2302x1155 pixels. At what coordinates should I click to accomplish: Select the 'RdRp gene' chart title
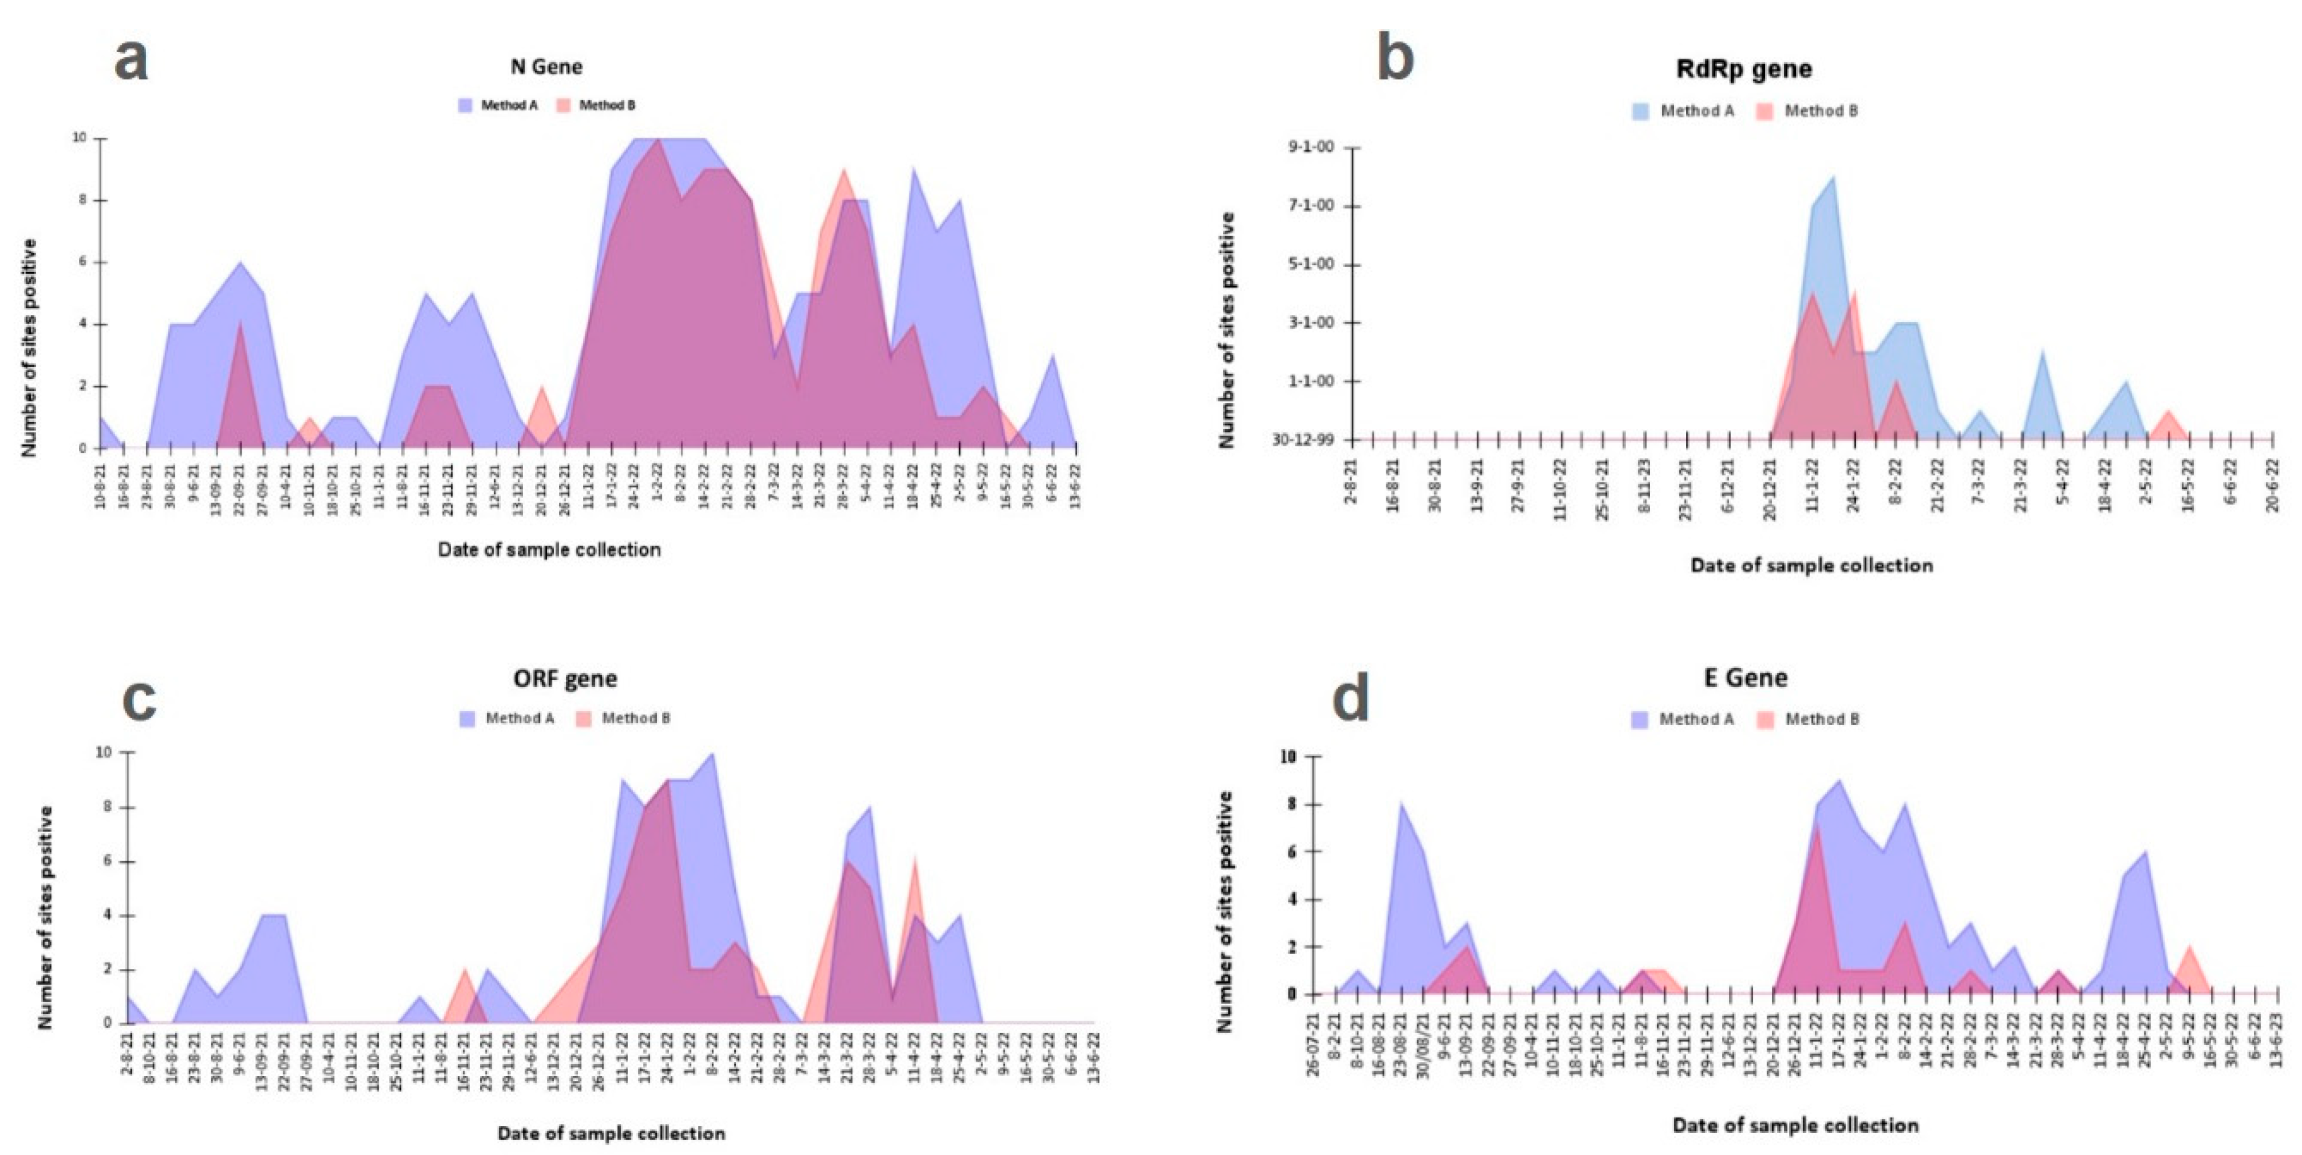[1744, 69]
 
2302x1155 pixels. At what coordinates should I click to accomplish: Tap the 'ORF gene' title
[565, 678]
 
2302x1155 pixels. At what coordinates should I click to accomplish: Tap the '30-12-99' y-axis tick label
[1304, 439]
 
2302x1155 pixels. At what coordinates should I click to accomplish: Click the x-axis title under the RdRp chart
[1812, 565]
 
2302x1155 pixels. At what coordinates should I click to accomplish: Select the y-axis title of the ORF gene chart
[45, 916]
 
